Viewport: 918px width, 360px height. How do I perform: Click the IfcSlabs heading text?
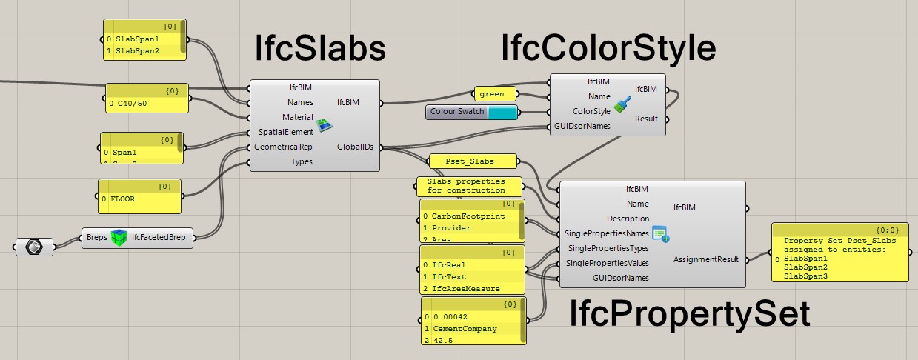pos(320,49)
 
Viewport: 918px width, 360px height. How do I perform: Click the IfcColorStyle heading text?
pos(608,49)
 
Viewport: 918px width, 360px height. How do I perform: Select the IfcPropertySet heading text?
pos(689,315)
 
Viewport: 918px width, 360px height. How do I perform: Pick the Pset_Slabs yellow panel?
pos(471,160)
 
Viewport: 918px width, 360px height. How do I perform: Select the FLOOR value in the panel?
pos(124,199)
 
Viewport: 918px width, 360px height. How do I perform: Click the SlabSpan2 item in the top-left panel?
pos(137,51)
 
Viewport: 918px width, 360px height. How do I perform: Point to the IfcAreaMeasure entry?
pos(466,288)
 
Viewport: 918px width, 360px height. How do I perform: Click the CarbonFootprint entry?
pos(468,216)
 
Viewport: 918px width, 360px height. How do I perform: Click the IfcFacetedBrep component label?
pos(159,238)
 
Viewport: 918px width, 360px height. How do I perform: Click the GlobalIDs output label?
pos(355,147)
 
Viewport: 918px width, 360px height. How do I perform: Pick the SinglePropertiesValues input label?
pos(608,263)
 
